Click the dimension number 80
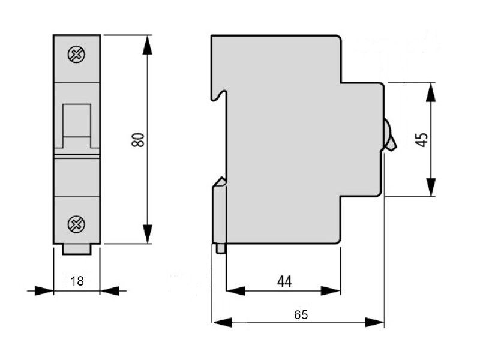coord(139,140)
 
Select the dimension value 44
coord(284,281)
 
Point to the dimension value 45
coord(422,140)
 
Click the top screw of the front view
coord(76,55)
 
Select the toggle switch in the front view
coord(77,126)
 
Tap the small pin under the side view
coord(221,249)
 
